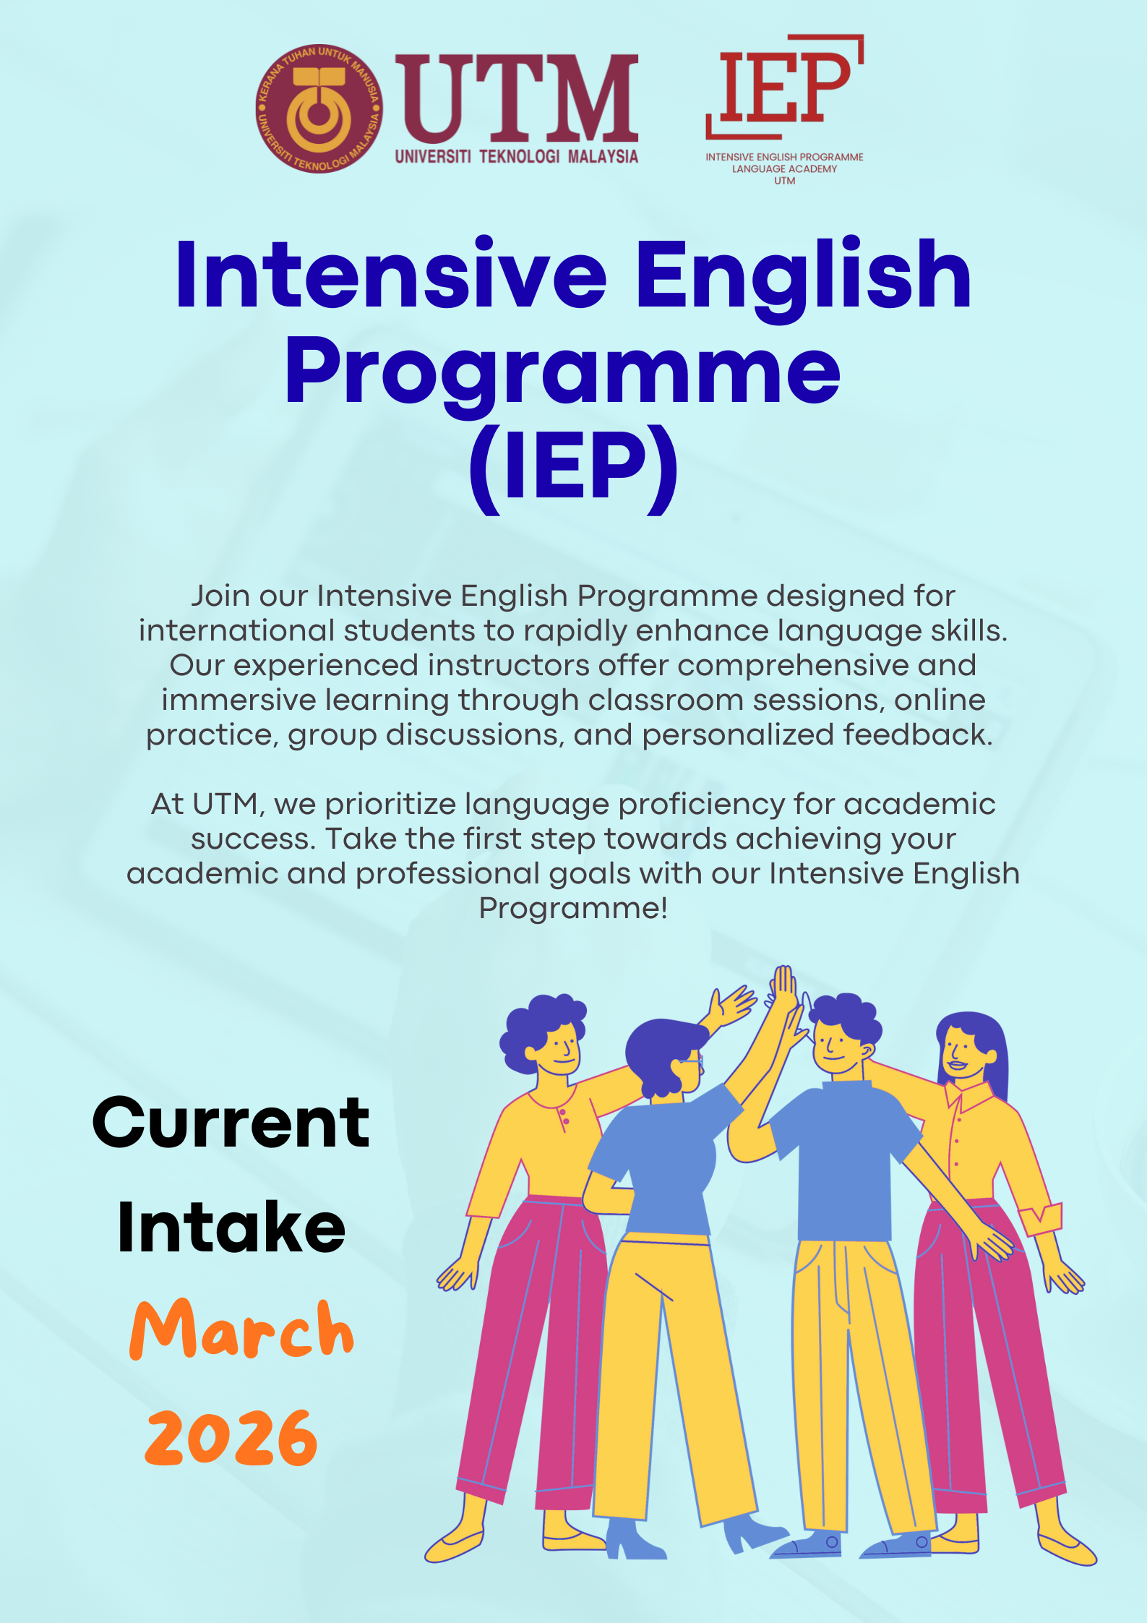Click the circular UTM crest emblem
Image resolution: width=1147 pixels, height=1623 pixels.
[x=319, y=109]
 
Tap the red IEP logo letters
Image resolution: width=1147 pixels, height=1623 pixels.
[x=785, y=86]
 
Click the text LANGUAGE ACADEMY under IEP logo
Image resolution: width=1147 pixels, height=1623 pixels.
[x=784, y=169]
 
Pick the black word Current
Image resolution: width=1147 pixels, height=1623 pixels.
[x=231, y=1123]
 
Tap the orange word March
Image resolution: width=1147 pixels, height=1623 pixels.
[x=242, y=1331]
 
